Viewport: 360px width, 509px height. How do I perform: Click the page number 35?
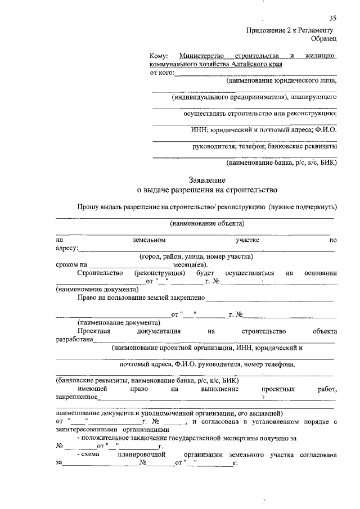332,19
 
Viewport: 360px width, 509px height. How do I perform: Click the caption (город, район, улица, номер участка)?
196,256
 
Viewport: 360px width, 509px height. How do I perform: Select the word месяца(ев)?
190,265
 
